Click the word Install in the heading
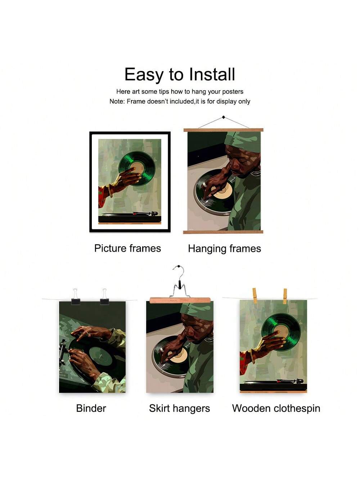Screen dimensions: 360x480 click(212, 74)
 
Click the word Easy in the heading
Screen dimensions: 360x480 click(144, 75)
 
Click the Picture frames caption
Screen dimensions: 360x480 click(128, 248)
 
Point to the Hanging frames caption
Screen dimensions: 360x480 click(225, 249)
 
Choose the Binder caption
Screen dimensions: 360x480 click(91, 408)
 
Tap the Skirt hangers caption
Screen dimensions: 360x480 click(179, 408)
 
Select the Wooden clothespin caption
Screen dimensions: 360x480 click(276, 408)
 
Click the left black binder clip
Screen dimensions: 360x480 click(76, 297)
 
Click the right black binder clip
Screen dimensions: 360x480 click(104, 297)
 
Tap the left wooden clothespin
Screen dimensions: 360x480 click(255, 296)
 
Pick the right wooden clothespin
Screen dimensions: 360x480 click(285, 296)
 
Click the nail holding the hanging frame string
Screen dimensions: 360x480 click(224, 117)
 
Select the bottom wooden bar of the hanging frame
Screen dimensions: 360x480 click(223, 232)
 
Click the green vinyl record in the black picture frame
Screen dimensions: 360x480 click(137, 169)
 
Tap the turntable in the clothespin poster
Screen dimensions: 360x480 click(273, 386)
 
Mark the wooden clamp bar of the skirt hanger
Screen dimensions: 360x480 click(180, 300)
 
